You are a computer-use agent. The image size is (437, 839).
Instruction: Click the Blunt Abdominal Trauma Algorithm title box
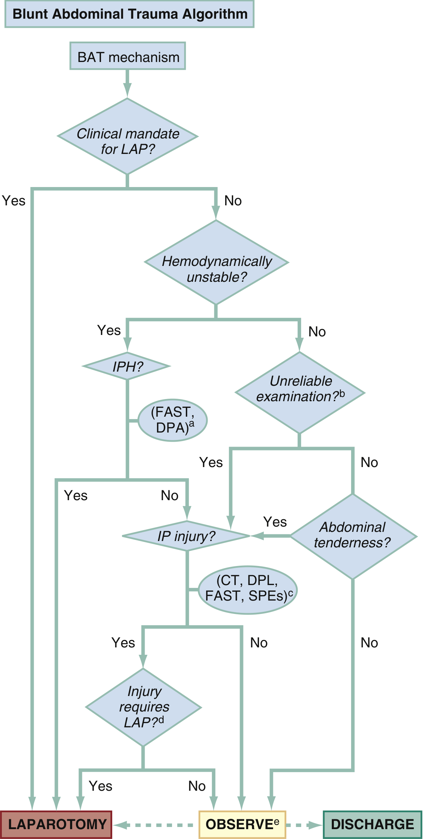pyautogui.click(x=129, y=14)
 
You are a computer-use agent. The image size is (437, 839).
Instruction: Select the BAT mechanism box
pyautogui.click(x=128, y=56)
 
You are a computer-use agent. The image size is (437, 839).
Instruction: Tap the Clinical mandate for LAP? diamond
pyautogui.click(x=128, y=137)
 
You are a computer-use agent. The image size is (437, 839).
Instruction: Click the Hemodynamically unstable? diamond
pyautogui.click(x=216, y=263)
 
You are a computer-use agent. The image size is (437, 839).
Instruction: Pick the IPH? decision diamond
pyautogui.click(x=127, y=366)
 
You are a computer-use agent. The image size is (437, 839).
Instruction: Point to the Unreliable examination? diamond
pyautogui.click(x=300, y=392)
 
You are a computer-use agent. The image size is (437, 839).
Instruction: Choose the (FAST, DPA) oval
pyautogui.click(x=173, y=420)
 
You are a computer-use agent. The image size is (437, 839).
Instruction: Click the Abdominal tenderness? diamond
pyautogui.click(x=353, y=536)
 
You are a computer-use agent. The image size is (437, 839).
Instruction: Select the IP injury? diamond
pyautogui.click(x=186, y=536)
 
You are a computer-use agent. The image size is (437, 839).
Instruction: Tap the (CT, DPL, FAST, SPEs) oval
pyautogui.click(x=248, y=590)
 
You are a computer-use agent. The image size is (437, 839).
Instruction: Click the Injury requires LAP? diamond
pyautogui.click(x=144, y=707)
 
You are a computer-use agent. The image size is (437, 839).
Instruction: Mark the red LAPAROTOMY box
pyautogui.click(x=56, y=825)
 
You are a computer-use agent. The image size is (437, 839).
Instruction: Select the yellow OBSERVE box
pyautogui.click(x=242, y=825)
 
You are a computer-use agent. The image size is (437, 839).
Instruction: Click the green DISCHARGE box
pyautogui.click(x=373, y=825)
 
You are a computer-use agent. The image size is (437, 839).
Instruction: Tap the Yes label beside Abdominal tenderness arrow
pyautogui.click(x=275, y=522)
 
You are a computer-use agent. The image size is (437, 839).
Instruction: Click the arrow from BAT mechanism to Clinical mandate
pyautogui.click(x=127, y=83)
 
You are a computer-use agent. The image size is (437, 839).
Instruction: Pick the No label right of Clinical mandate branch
pyautogui.click(x=233, y=201)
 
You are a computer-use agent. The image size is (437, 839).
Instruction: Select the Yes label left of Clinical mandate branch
pyautogui.click(x=14, y=201)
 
